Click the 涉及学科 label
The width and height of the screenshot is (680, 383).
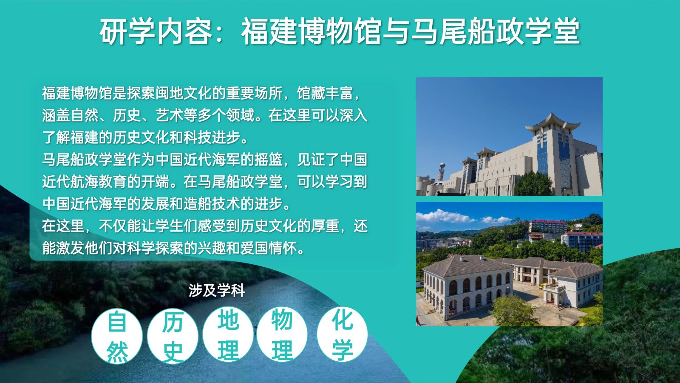(216, 291)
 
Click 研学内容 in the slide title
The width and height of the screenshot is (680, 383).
(156, 31)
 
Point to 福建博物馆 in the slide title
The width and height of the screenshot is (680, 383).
(311, 31)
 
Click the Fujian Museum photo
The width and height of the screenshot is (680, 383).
(509, 136)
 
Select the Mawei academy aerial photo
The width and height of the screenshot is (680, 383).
(509, 264)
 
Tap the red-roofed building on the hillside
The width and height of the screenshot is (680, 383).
(548, 226)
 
